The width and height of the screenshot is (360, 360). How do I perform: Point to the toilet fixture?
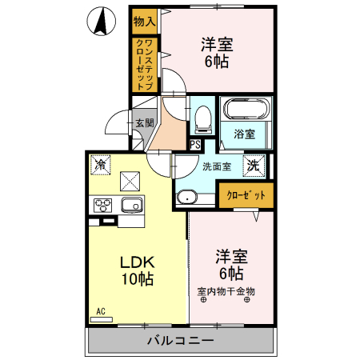[202, 118]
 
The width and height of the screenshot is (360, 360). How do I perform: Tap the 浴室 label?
[245, 135]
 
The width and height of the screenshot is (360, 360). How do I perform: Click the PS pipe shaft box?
[195, 145]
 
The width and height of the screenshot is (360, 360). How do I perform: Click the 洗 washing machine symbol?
[253, 166]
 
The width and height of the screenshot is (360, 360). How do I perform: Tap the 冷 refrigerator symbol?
[102, 165]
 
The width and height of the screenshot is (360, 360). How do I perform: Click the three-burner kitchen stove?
[104, 206]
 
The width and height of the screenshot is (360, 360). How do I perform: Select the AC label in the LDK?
[102, 311]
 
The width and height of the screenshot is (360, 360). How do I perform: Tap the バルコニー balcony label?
[180, 341]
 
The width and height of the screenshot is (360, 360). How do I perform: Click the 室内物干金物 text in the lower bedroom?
[226, 291]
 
